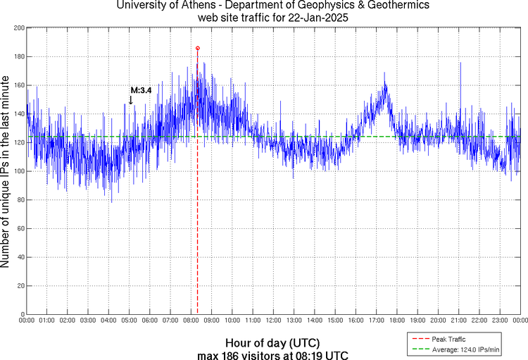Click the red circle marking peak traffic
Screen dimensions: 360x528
click(x=198, y=48)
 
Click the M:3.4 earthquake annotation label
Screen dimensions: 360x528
click(x=141, y=90)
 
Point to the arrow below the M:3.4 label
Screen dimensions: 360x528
click(x=130, y=100)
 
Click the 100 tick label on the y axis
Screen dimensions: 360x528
click(x=18, y=171)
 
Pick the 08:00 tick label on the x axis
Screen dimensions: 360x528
click(x=191, y=321)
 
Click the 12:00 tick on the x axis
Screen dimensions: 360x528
click(x=273, y=321)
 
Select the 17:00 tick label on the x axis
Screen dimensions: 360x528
click(x=376, y=321)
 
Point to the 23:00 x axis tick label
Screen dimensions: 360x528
click(x=499, y=321)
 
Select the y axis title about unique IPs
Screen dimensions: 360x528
click(x=6, y=171)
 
